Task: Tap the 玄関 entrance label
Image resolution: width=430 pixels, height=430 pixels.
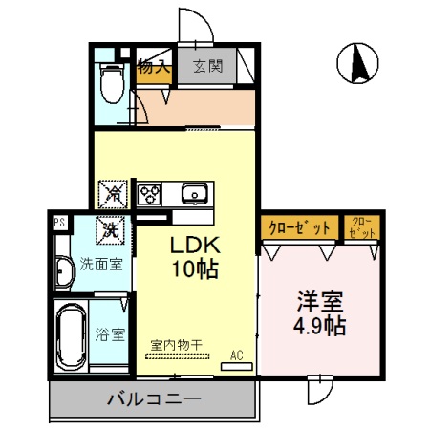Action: pos(207,67)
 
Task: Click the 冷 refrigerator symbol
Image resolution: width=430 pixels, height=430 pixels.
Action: pos(113,193)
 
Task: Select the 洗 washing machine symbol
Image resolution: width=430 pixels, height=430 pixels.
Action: pos(111,229)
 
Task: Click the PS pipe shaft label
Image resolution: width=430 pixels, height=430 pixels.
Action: pos(59,223)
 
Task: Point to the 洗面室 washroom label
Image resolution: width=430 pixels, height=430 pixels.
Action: pos(100,264)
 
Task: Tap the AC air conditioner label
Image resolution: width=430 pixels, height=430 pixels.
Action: pos(238,355)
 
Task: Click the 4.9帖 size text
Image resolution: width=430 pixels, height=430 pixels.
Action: pos(320,325)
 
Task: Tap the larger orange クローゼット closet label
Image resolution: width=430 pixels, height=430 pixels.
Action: pos(298,227)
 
